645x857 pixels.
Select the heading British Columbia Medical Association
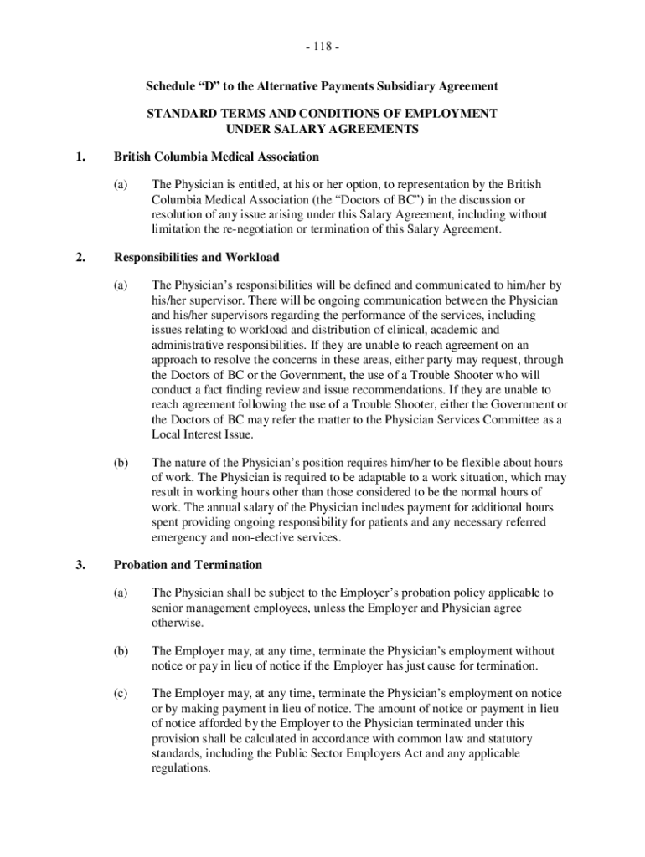click(216, 157)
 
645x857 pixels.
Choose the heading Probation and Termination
click(188, 565)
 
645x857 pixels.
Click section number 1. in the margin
click(80, 157)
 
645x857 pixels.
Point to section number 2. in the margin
click(80, 257)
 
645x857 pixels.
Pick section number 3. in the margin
click(80, 565)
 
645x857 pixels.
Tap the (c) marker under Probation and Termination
click(121, 695)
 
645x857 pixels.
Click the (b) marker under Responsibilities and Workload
click(121, 463)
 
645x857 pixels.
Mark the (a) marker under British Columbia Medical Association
click(121, 185)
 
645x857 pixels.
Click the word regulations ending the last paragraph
click(178, 768)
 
